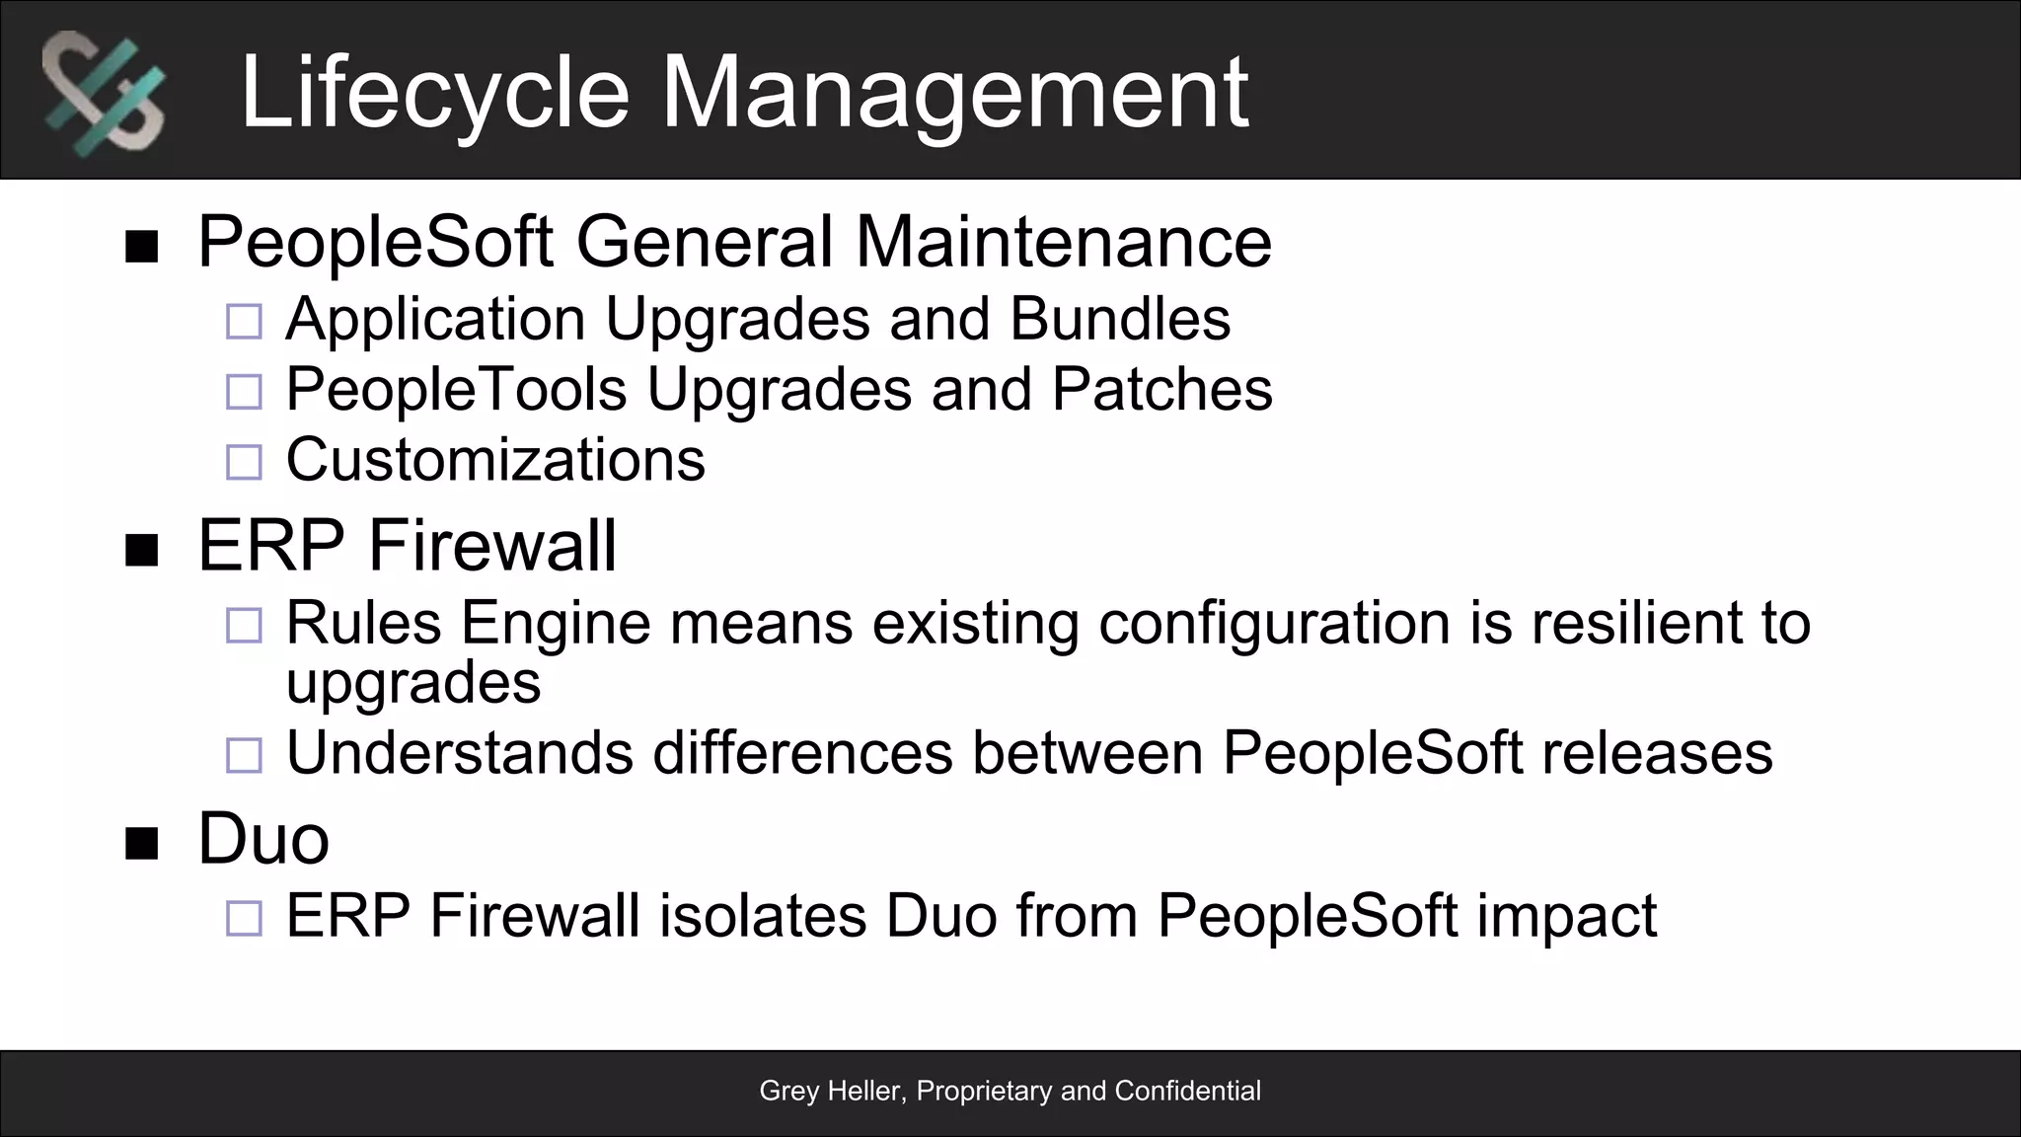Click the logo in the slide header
pyautogui.click(x=103, y=94)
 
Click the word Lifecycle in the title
pyautogui.click(x=434, y=93)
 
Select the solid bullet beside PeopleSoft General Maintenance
pyautogui.click(x=142, y=247)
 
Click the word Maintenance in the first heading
pyautogui.click(x=1063, y=242)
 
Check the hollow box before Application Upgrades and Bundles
pyautogui.click(x=244, y=322)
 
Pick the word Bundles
pyautogui.click(x=1119, y=319)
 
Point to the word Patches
pyautogui.click(x=1161, y=389)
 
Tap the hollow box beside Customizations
pyautogui.click(x=244, y=462)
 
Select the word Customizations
pyautogui.click(x=495, y=460)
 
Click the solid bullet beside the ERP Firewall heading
pyautogui.click(x=142, y=551)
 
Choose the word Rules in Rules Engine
pyautogui.click(x=363, y=623)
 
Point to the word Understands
pyautogui.click(x=459, y=753)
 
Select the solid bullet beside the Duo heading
pyautogui.click(x=142, y=844)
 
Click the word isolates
pyautogui.click(x=762, y=916)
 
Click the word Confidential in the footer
pyautogui.click(x=1187, y=1091)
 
